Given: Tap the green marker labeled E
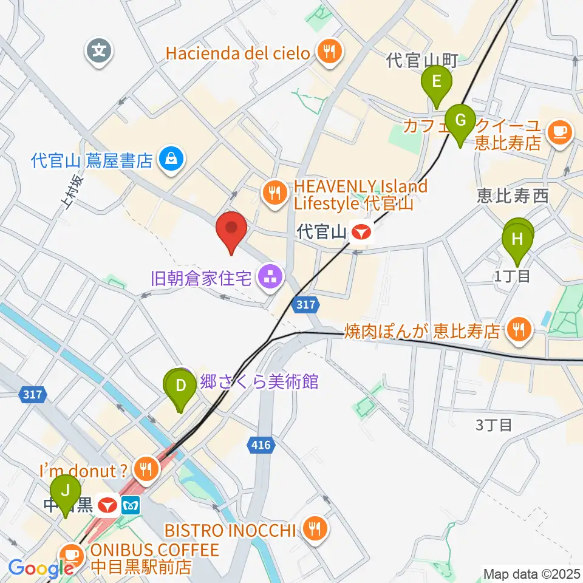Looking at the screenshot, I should (x=437, y=82).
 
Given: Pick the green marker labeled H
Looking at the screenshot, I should (x=517, y=239).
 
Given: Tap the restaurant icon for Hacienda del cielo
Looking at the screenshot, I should (x=329, y=52).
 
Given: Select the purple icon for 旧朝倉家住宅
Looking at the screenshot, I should (x=267, y=278).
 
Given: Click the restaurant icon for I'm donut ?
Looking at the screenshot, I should (x=146, y=468).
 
